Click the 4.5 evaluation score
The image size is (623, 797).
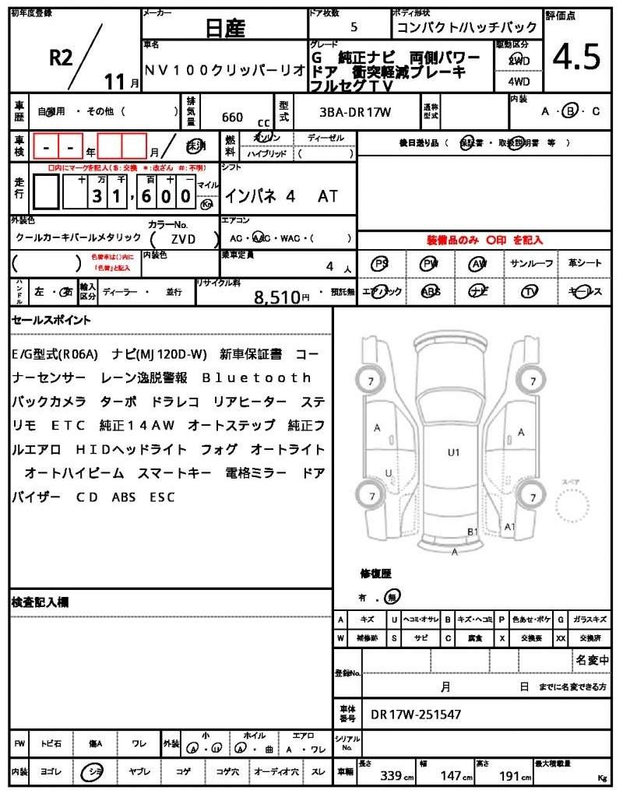576,57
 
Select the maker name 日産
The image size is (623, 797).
224,29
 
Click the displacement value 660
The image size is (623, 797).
232,118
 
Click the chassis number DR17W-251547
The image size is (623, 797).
416,714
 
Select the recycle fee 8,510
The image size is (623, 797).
276,296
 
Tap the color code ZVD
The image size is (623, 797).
184,240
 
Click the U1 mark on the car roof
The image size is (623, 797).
453,452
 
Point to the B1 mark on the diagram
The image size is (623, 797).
472,532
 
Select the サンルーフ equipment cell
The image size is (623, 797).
532,264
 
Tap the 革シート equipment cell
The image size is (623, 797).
584,264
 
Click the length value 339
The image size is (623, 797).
391,776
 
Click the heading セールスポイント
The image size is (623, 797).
51,320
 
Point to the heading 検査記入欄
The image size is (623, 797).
40,602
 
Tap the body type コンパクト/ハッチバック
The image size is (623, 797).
465,28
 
